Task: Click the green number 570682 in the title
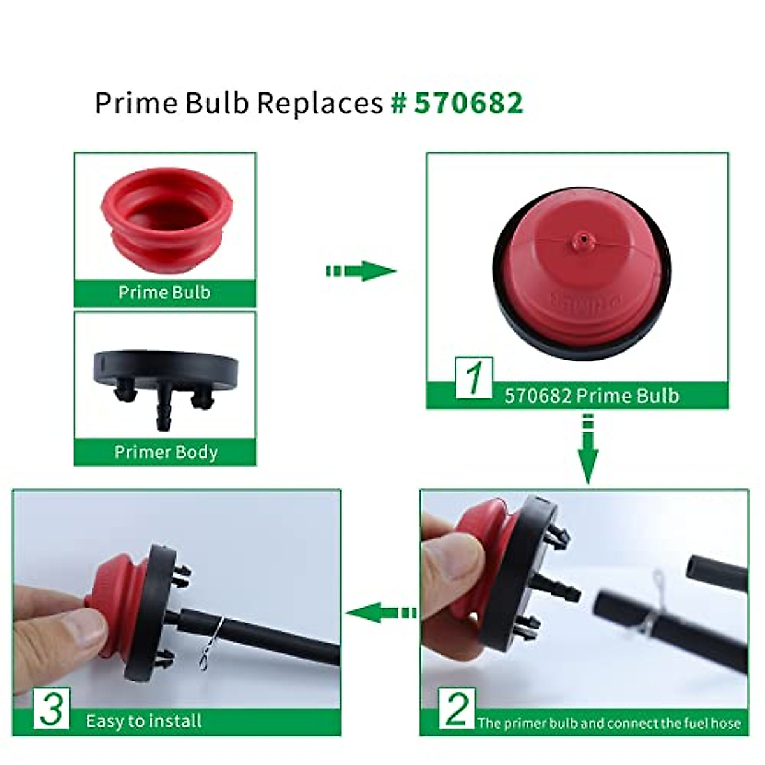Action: (469, 103)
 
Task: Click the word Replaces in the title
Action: (320, 103)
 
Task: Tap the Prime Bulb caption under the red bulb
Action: (164, 293)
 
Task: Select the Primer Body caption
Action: (166, 452)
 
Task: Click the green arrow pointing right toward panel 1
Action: (361, 270)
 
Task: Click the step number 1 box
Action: (473, 378)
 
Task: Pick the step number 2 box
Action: (456, 708)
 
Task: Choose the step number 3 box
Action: (52, 708)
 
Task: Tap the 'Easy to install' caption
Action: (143, 721)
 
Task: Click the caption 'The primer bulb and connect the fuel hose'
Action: (609, 723)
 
